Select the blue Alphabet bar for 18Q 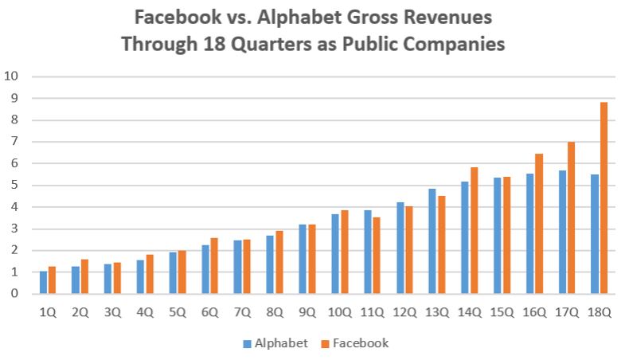coord(594,234)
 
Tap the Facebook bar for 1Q coord(53,280)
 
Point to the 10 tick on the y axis coord(12,77)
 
